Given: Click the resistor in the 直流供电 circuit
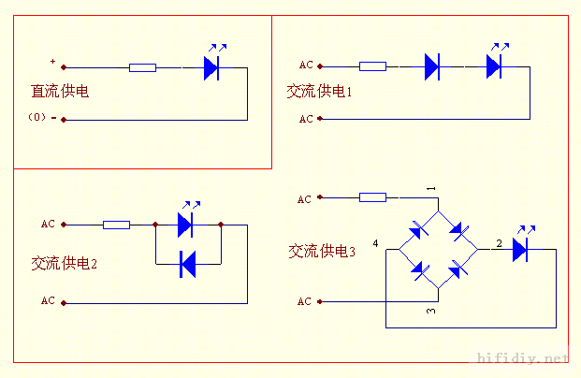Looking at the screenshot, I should tap(142, 67).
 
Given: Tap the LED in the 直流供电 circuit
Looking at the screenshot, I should tap(211, 66).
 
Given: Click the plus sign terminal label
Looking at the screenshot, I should tap(52, 63).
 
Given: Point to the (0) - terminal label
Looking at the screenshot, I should tap(41, 118).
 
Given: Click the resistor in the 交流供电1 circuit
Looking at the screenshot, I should tap(372, 66).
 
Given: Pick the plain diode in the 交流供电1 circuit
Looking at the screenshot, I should tap(431, 66).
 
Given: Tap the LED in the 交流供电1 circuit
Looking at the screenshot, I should tap(494, 65).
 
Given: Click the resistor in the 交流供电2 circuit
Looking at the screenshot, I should tap(116, 225).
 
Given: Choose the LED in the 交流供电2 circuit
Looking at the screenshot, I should tap(184, 224).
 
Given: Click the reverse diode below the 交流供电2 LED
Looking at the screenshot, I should tap(187, 266).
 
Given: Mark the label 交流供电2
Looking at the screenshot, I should tap(64, 264).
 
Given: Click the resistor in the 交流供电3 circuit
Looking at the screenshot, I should tap(372, 197).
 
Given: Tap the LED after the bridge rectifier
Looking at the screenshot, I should tap(520, 249).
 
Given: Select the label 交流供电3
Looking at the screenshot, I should tap(322, 251).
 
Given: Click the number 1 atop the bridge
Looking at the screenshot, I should tap(431, 189).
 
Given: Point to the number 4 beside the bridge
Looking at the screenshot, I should tap(376, 243).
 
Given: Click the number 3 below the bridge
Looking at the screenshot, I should tap(431, 310).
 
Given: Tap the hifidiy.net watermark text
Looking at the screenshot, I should tap(522, 358).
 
